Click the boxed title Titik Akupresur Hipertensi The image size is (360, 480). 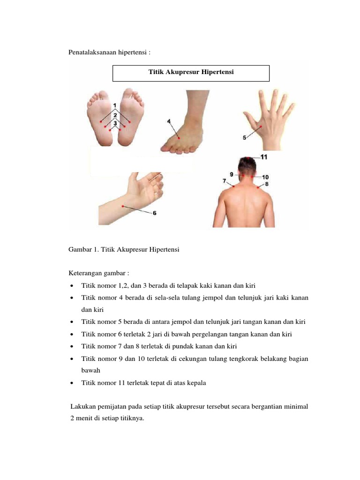coord(191,73)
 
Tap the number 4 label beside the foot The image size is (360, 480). coord(169,121)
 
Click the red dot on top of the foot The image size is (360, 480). coord(180,138)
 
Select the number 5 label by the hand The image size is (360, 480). coord(244,138)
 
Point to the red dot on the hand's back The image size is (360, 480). coord(261,127)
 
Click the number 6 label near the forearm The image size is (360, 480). coord(154,213)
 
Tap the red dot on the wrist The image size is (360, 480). coord(122,206)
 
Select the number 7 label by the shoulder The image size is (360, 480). coord(225,180)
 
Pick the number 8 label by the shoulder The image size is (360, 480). coord(267,184)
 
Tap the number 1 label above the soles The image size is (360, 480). coord(115,106)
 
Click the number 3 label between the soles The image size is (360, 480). coord(115,123)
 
